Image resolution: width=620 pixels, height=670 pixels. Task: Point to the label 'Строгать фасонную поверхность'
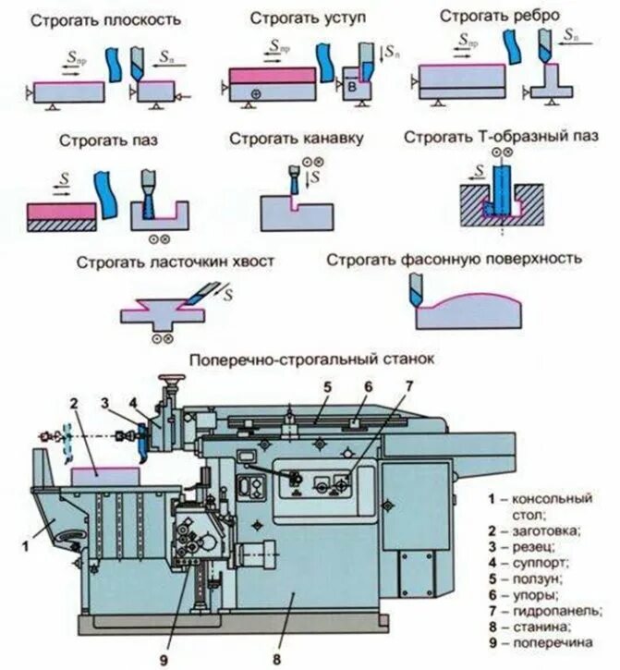[x=454, y=259]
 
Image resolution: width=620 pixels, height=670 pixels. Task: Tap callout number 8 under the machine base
[x=276, y=658]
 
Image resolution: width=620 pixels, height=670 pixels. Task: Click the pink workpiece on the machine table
[x=106, y=472]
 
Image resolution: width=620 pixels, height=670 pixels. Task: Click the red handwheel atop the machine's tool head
[x=169, y=378]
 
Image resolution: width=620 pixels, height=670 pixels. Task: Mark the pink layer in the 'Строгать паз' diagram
[x=61, y=212]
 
